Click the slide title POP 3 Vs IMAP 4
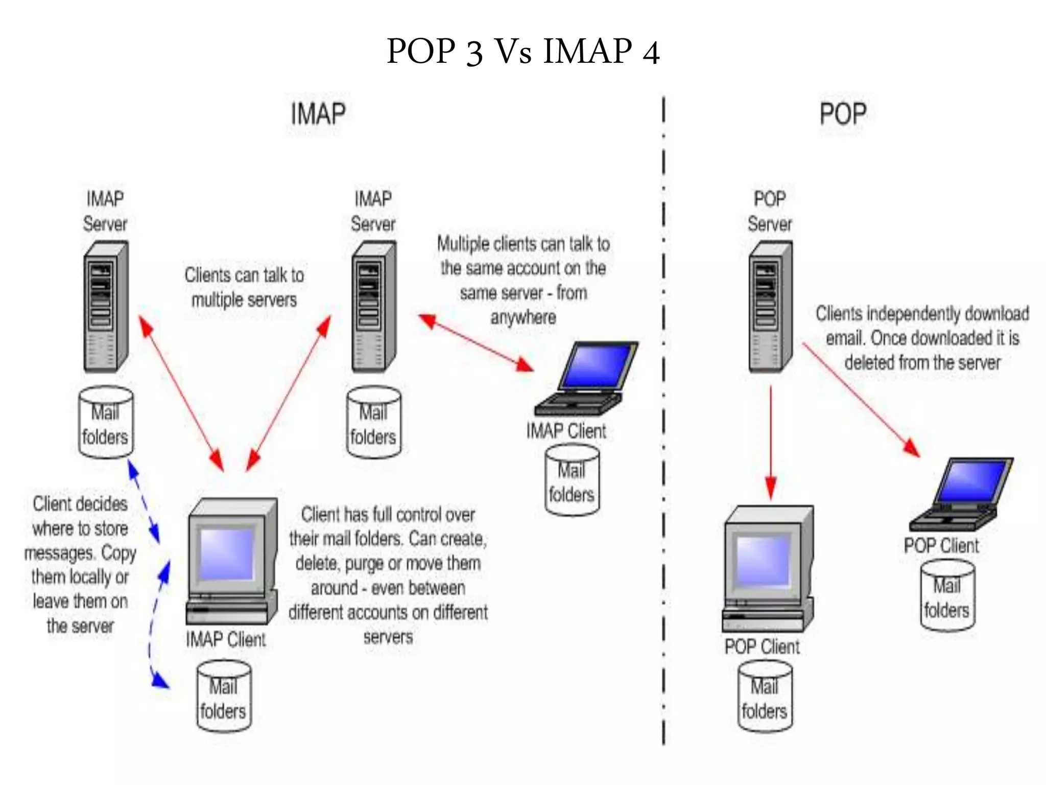tap(523, 51)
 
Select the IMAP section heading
tap(318, 113)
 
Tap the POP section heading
tap(843, 113)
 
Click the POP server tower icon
tap(770, 307)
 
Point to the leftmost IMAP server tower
tap(105, 307)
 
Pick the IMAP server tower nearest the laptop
tap(373, 307)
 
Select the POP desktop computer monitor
tap(765, 557)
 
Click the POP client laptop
tap(960, 493)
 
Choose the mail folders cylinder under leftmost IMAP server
tap(106, 422)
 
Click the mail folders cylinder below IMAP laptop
tap(572, 480)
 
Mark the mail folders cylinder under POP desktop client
tap(765, 696)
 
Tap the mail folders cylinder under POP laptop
tap(947, 596)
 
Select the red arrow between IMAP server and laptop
tap(476, 342)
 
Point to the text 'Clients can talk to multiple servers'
tap(244, 287)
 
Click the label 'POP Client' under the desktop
tap(762, 647)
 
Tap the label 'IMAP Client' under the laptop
tap(566, 431)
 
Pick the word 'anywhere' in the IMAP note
tap(523, 317)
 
